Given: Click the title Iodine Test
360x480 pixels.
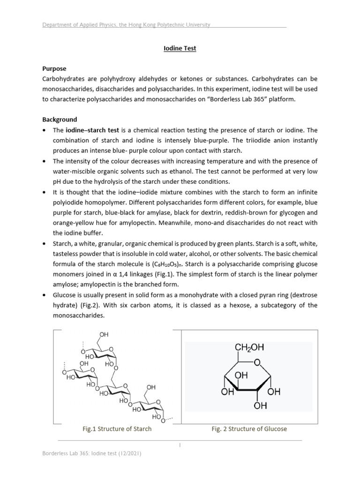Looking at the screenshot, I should click(x=180, y=48).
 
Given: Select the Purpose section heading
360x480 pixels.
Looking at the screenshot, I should click(x=54, y=68).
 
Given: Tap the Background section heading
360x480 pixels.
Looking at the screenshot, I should click(x=60, y=120).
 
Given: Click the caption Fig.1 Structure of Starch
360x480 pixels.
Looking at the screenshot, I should click(x=117, y=428).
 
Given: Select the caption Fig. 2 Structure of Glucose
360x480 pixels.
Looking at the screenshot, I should click(x=249, y=428).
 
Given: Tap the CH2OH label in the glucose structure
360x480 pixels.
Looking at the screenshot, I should click(x=249, y=347).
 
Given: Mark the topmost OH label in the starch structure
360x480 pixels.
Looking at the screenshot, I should click(x=104, y=334).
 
